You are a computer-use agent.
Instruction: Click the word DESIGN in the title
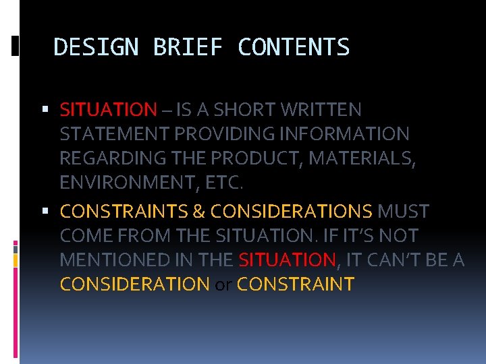[x=95, y=48]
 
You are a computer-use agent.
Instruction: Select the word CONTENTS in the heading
[x=294, y=48]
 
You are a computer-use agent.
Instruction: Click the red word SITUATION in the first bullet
[x=108, y=109]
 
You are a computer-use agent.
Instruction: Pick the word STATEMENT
[x=115, y=134]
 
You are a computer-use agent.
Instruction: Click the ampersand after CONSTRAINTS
[x=198, y=212]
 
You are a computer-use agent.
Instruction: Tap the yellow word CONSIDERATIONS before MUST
[x=291, y=212]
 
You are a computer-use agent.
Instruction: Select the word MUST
[x=403, y=212]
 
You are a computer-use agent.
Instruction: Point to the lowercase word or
[x=223, y=284]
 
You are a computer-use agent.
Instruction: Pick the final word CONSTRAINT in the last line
[x=296, y=284]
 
